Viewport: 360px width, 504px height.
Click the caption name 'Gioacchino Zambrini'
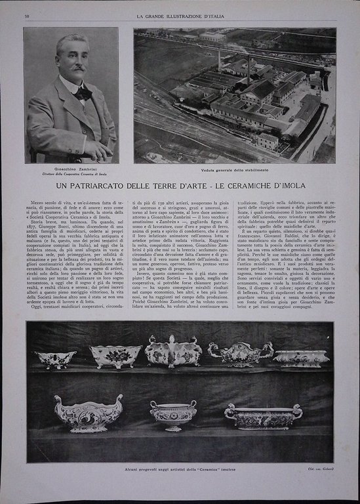click(x=71, y=168)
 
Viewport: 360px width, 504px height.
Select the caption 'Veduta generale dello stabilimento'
click(x=234, y=170)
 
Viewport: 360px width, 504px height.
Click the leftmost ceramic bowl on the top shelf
click(x=55, y=358)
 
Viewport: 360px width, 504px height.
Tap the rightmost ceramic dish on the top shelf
click(x=301, y=358)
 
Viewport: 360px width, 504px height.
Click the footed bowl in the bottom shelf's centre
click(x=173, y=413)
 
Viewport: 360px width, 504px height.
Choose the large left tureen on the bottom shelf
click(x=88, y=412)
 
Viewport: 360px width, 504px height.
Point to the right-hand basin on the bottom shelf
click(x=263, y=415)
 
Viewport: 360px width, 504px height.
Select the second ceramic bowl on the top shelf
click(x=115, y=356)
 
